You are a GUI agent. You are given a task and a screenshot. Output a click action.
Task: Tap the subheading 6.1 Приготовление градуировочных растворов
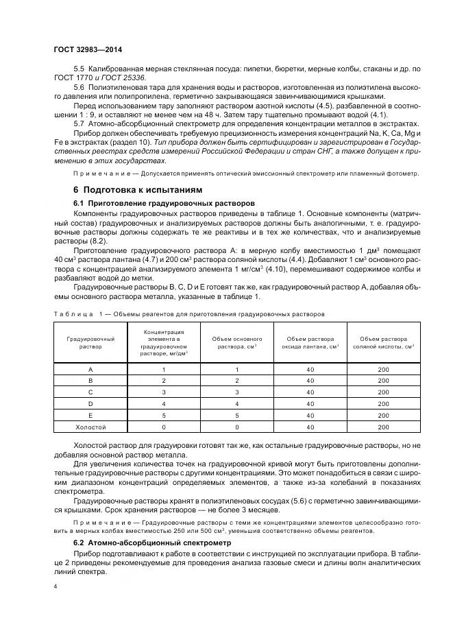[x=164, y=203]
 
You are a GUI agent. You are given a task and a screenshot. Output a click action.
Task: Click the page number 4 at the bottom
[x=56, y=586]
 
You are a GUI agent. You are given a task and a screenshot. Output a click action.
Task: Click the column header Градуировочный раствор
[x=90, y=343]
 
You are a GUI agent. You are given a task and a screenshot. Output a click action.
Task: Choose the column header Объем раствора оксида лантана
[x=310, y=343]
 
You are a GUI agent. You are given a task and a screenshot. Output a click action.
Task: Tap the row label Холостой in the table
[x=90, y=427]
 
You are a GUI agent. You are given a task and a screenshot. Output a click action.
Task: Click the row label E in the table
[x=90, y=416]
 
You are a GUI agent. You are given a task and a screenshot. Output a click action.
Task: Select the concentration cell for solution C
[x=164, y=392]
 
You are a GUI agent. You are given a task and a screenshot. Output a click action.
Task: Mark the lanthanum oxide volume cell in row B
[x=310, y=381]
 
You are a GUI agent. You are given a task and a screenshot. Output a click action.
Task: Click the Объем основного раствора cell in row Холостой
[x=236, y=427]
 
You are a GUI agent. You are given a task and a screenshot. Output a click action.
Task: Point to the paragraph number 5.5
[x=78, y=71]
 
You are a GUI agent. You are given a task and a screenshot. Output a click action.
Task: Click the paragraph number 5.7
[x=78, y=123]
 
